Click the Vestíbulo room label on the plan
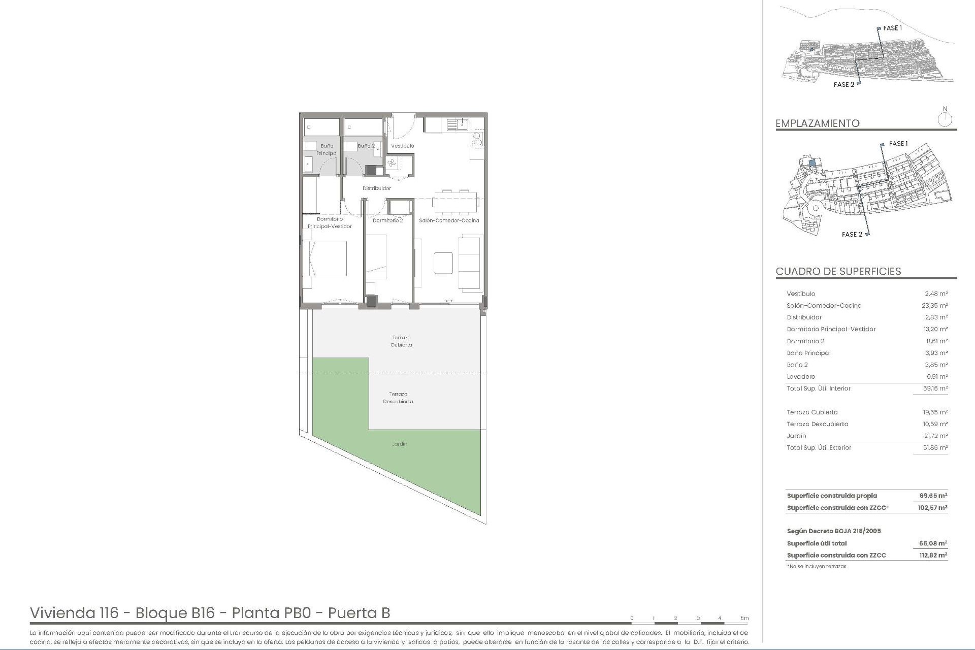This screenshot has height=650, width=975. point(402,146)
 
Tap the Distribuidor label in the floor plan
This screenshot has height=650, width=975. point(376,188)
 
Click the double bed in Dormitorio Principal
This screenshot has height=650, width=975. point(325,258)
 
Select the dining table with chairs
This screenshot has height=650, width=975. point(456,202)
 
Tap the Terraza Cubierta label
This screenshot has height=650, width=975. point(401,341)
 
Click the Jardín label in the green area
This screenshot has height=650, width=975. point(399,444)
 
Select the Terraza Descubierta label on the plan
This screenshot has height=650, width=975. point(398,398)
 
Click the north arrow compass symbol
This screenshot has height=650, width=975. point(945,119)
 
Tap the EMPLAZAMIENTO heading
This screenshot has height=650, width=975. point(817,123)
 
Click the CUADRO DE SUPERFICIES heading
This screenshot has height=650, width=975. point(838,271)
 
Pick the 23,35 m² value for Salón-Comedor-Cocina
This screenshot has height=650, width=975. point(934,306)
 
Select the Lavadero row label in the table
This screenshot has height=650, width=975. point(801,377)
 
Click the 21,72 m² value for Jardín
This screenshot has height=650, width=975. point(934,436)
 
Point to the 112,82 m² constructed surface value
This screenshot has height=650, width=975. point(933,555)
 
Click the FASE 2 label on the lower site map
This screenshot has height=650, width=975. point(852,234)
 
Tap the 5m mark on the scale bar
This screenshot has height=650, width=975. point(744,618)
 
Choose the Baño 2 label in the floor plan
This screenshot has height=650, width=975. point(366,146)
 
